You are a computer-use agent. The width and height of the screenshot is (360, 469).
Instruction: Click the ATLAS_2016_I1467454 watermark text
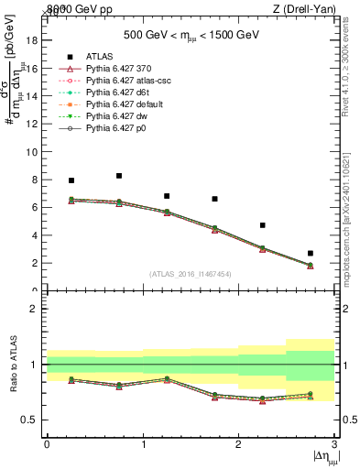click(190, 273)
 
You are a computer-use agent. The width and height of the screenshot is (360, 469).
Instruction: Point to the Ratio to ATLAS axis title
click(14, 365)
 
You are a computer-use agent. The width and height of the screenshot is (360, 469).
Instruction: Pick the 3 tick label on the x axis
click(335, 444)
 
